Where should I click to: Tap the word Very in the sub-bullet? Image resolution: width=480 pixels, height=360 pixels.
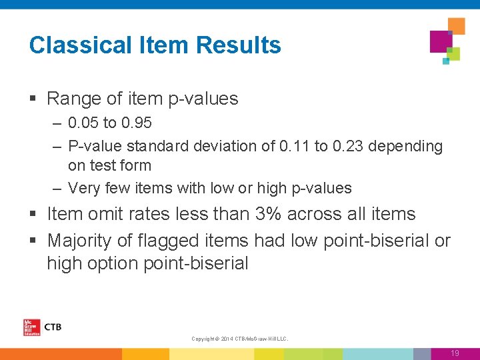(x=83, y=188)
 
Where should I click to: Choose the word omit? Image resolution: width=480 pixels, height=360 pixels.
(x=103, y=214)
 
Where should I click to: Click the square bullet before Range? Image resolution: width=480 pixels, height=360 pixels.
(x=33, y=99)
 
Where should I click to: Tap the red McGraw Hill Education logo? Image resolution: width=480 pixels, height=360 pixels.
(x=31, y=327)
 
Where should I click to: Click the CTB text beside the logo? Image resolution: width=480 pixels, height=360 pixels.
(x=52, y=327)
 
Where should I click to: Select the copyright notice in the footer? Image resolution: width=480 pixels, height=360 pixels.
(x=239, y=339)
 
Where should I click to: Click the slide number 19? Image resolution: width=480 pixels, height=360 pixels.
(x=455, y=353)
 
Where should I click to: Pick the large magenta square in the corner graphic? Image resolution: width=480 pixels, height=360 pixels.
(x=440, y=41)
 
